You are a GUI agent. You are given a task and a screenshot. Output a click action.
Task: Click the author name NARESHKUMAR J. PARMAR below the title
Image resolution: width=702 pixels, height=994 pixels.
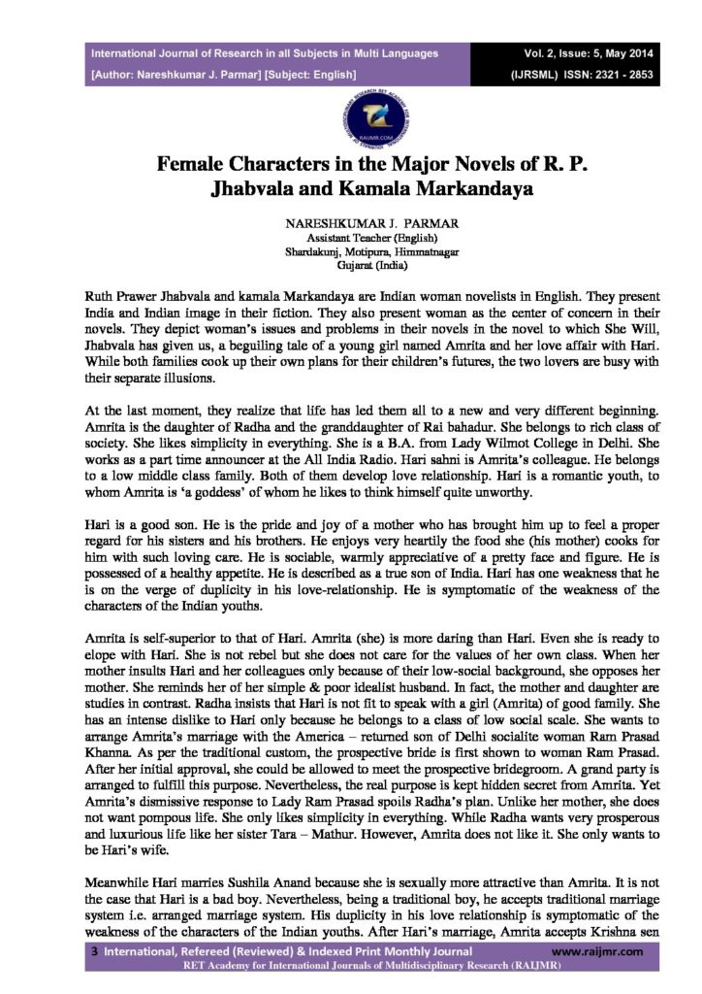point(351,223)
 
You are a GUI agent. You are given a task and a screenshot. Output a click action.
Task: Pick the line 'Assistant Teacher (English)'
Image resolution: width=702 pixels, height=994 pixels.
point(351,237)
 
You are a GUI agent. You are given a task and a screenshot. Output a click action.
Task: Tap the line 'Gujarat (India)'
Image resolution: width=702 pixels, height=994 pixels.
point(351,264)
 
